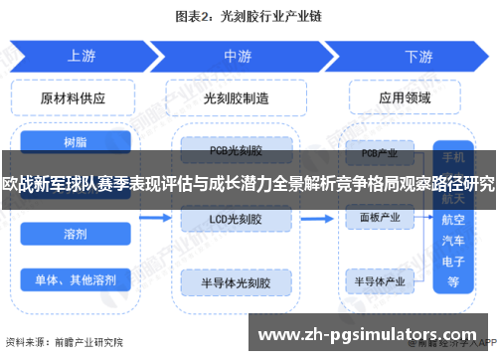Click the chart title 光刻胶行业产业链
tap(248, 17)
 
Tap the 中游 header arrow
tap(237, 57)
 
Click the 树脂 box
tap(74, 143)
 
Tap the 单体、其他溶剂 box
tap(74, 278)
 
